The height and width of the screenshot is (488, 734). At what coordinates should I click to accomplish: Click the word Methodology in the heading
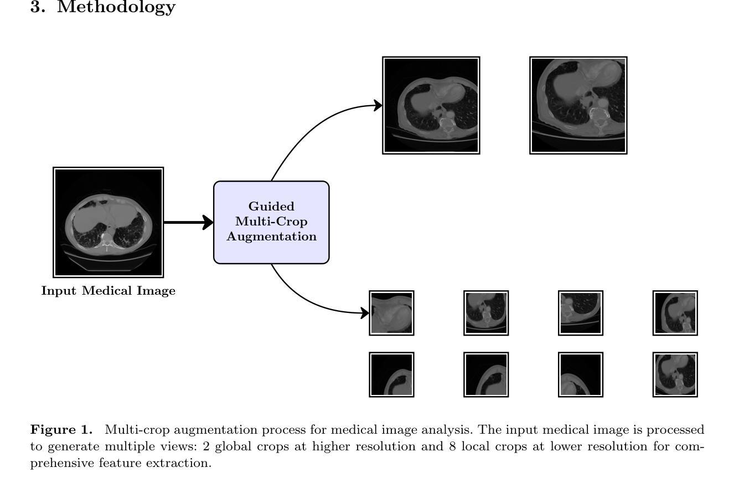click(116, 7)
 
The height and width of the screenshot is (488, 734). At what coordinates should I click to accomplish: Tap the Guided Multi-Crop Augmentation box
click(271, 222)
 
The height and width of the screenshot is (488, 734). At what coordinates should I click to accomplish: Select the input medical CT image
click(108, 222)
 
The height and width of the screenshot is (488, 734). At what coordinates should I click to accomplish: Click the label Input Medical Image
click(108, 291)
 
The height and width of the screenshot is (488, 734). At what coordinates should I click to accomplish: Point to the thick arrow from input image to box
click(188, 223)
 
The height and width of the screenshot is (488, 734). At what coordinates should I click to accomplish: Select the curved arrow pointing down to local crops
click(310, 302)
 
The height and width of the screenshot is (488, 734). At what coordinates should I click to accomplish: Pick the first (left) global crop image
click(431, 105)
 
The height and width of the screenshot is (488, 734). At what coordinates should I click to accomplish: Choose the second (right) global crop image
click(578, 105)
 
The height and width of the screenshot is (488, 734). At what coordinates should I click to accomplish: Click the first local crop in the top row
click(391, 313)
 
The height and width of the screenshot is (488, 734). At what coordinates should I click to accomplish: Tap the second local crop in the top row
click(486, 313)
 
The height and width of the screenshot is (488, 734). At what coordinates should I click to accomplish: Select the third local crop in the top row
click(581, 313)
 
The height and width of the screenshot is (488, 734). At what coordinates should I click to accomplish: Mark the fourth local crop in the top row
click(675, 313)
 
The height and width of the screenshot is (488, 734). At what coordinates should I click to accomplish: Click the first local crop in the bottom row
click(391, 374)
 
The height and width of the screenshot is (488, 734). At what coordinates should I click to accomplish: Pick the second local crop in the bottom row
click(486, 374)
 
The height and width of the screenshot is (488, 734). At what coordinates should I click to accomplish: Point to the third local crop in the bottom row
click(581, 374)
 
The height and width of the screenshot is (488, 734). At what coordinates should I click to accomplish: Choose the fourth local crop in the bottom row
click(675, 374)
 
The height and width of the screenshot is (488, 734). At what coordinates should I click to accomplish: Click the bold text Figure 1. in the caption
click(61, 430)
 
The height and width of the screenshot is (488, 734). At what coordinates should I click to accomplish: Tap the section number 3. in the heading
click(38, 7)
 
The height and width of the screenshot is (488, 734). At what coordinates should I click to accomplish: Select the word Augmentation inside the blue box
click(272, 237)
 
